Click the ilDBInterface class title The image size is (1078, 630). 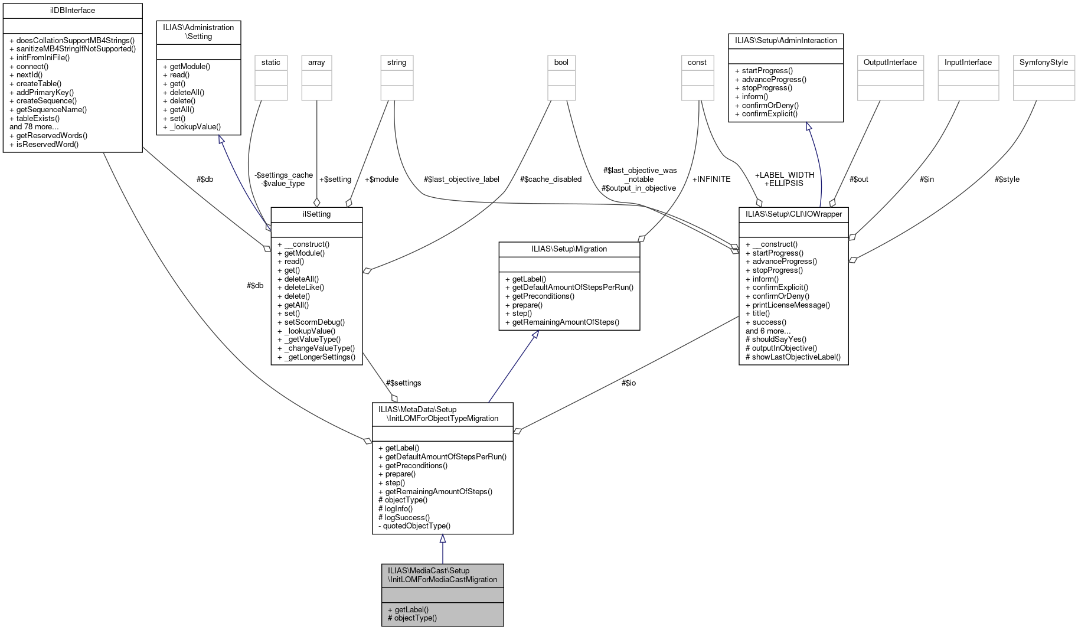click(x=73, y=11)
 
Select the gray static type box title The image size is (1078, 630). click(x=271, y=63)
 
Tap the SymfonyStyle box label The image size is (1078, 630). click(x=1043, y=63)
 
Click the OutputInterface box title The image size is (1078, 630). click(x=890, y=63)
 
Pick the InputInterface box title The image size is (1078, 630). click(x=968, y=63)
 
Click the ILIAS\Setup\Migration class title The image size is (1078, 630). click(x=569, y=249)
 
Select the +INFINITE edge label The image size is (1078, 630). click(x=711, y=179)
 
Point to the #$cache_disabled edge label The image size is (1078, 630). click(x=550, y=179)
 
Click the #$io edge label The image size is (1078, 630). click(x=628, y=383)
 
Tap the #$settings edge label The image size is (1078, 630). click(x=403, y=383)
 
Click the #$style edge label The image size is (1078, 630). click(x=1007, y=179)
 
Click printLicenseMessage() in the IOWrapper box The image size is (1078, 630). click(x=791, y=305)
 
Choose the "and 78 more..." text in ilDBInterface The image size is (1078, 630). click(x=34, y=127)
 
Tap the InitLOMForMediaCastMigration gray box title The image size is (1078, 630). click(x=442, y=575)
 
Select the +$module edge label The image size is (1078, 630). click(x=381, y=179)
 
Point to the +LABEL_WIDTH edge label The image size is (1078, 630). click(x=785, y=175)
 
